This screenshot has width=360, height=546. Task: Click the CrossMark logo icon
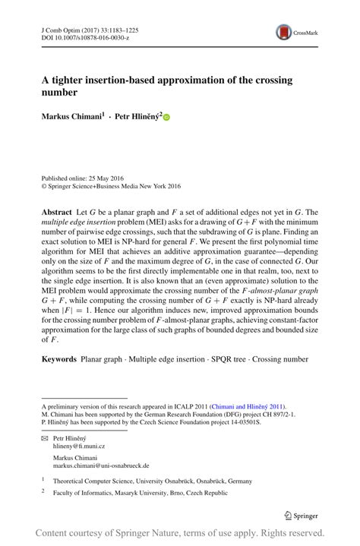284,32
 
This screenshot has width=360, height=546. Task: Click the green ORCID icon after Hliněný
167,118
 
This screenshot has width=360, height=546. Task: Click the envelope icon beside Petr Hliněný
44,439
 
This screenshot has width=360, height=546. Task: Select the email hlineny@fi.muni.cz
78,448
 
